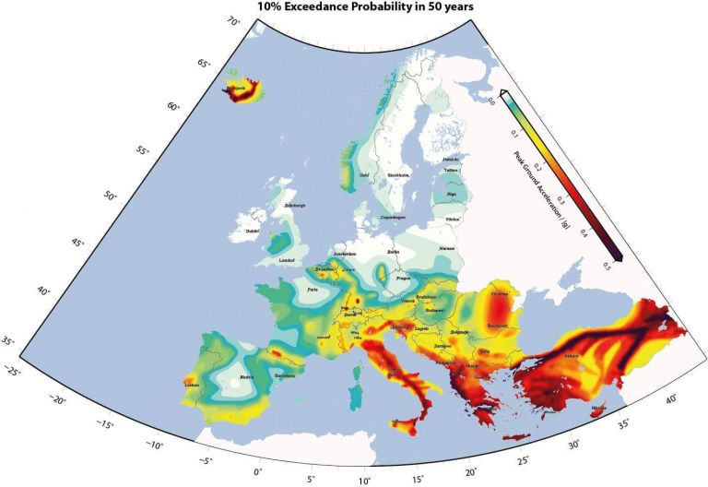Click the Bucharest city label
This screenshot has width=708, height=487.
point(502,325)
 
